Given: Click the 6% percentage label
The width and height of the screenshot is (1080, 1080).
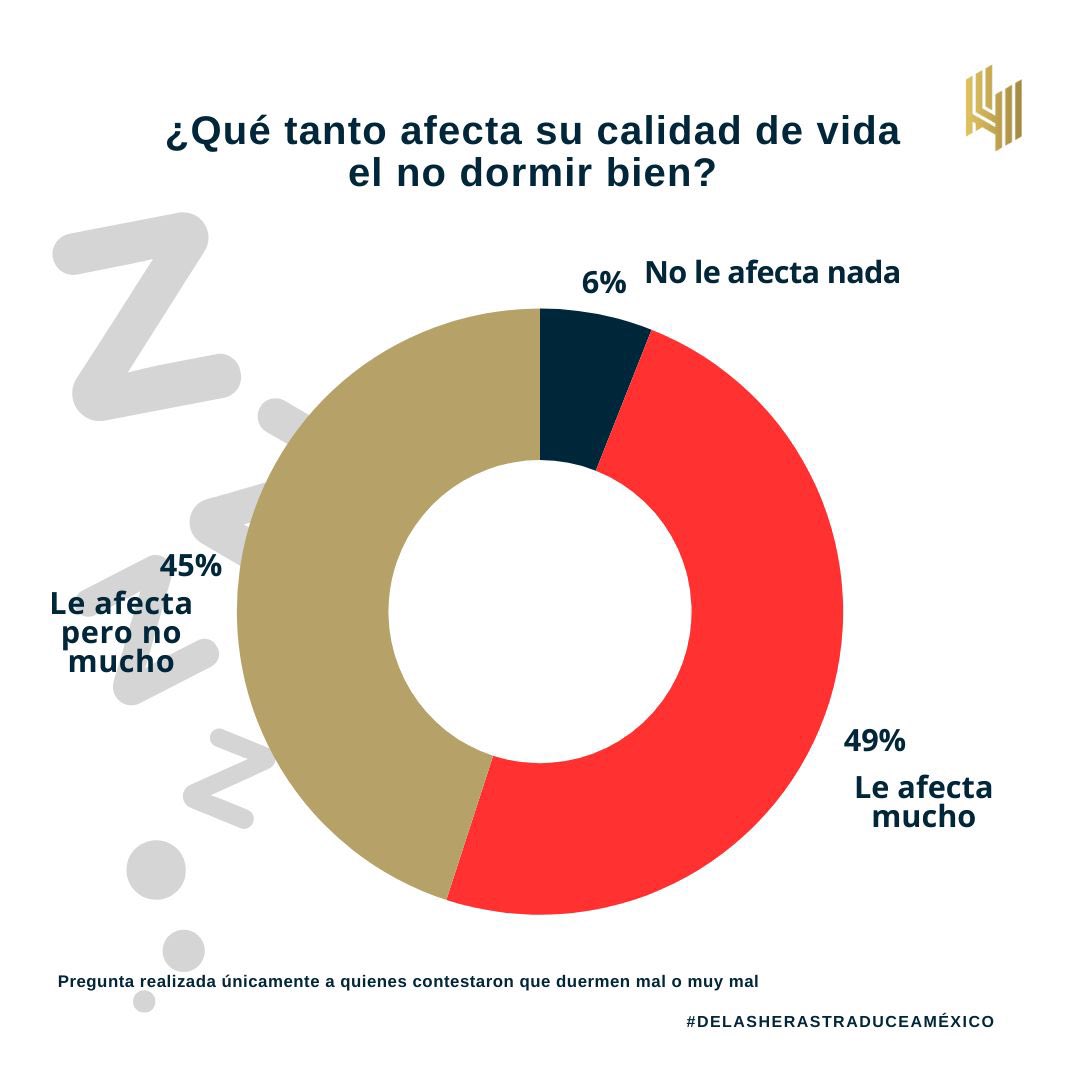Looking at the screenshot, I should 603,283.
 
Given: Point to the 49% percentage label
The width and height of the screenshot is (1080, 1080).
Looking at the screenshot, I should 874,741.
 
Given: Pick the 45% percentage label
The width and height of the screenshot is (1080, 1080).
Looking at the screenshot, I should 190,566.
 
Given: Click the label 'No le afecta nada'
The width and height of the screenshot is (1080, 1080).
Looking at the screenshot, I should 772,272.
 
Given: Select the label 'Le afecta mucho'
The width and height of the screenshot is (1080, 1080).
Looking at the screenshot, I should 923,802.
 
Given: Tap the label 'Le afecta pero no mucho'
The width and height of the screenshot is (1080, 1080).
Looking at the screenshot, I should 121,633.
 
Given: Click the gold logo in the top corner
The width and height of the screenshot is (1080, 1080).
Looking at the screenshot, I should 993,108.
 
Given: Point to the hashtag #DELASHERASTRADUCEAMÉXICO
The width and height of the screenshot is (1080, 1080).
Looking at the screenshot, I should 840,1021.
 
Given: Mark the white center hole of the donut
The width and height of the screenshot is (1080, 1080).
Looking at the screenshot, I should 540,611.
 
